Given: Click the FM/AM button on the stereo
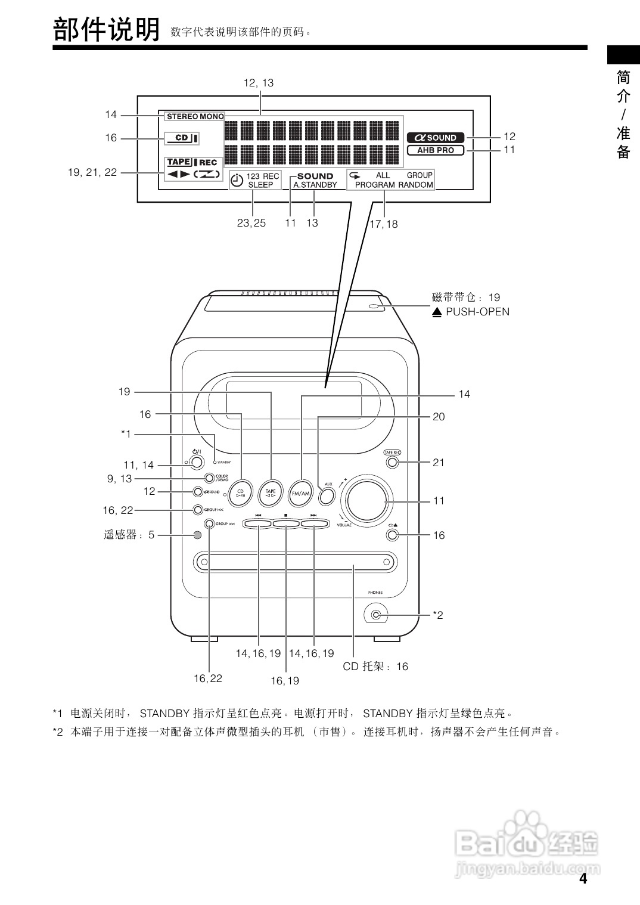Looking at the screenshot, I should pos(301,493).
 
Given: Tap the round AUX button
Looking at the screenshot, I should pos(327,495).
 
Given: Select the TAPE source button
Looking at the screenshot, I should pos(271,493).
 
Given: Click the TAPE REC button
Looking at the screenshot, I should pos(392,462).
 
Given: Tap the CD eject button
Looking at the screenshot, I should pos(392,534).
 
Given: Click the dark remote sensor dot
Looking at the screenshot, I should pos(197,535).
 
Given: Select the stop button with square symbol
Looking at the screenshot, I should pos(286,524).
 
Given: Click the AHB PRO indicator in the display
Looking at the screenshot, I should pos(436,150).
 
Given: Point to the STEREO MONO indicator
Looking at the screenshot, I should pos(195,116).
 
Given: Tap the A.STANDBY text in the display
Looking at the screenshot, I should pos(315,185).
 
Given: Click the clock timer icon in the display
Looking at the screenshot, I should pos(237,180).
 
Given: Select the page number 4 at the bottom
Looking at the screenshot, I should pos(583,879).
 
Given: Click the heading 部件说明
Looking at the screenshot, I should pos(107,30).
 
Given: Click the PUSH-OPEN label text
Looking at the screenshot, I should pos(477,312).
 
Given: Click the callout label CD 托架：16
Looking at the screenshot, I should pos(375,667).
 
